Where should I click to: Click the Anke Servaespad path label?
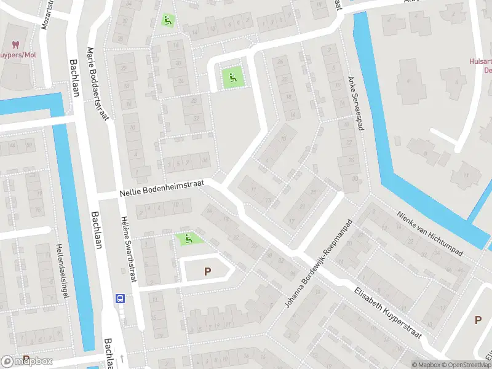pos(352,99)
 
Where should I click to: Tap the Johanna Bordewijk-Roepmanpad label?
pos(317,264)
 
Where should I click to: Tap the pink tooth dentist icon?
pos(16,45)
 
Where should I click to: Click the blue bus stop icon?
pos(120,299)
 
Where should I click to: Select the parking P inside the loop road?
pos(207,271)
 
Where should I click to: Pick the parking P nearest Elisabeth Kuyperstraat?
pos(478,320)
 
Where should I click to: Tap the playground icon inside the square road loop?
pos(232,78)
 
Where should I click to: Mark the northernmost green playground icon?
pos(167,20)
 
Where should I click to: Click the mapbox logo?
pos(28,362)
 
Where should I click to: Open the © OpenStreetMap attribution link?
pos(467,365)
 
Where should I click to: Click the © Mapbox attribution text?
pos(426,365)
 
